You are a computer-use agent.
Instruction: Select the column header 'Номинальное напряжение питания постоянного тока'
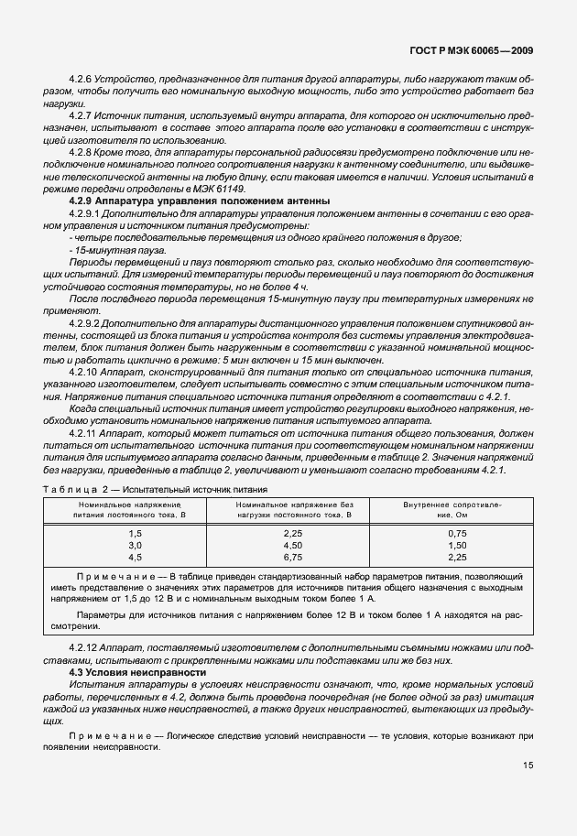coord(136,509)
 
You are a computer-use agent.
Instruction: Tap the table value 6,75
coord(293,556)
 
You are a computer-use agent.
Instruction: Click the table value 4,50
coord(293,544)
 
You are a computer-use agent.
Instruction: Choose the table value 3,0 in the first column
coord(136,544)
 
